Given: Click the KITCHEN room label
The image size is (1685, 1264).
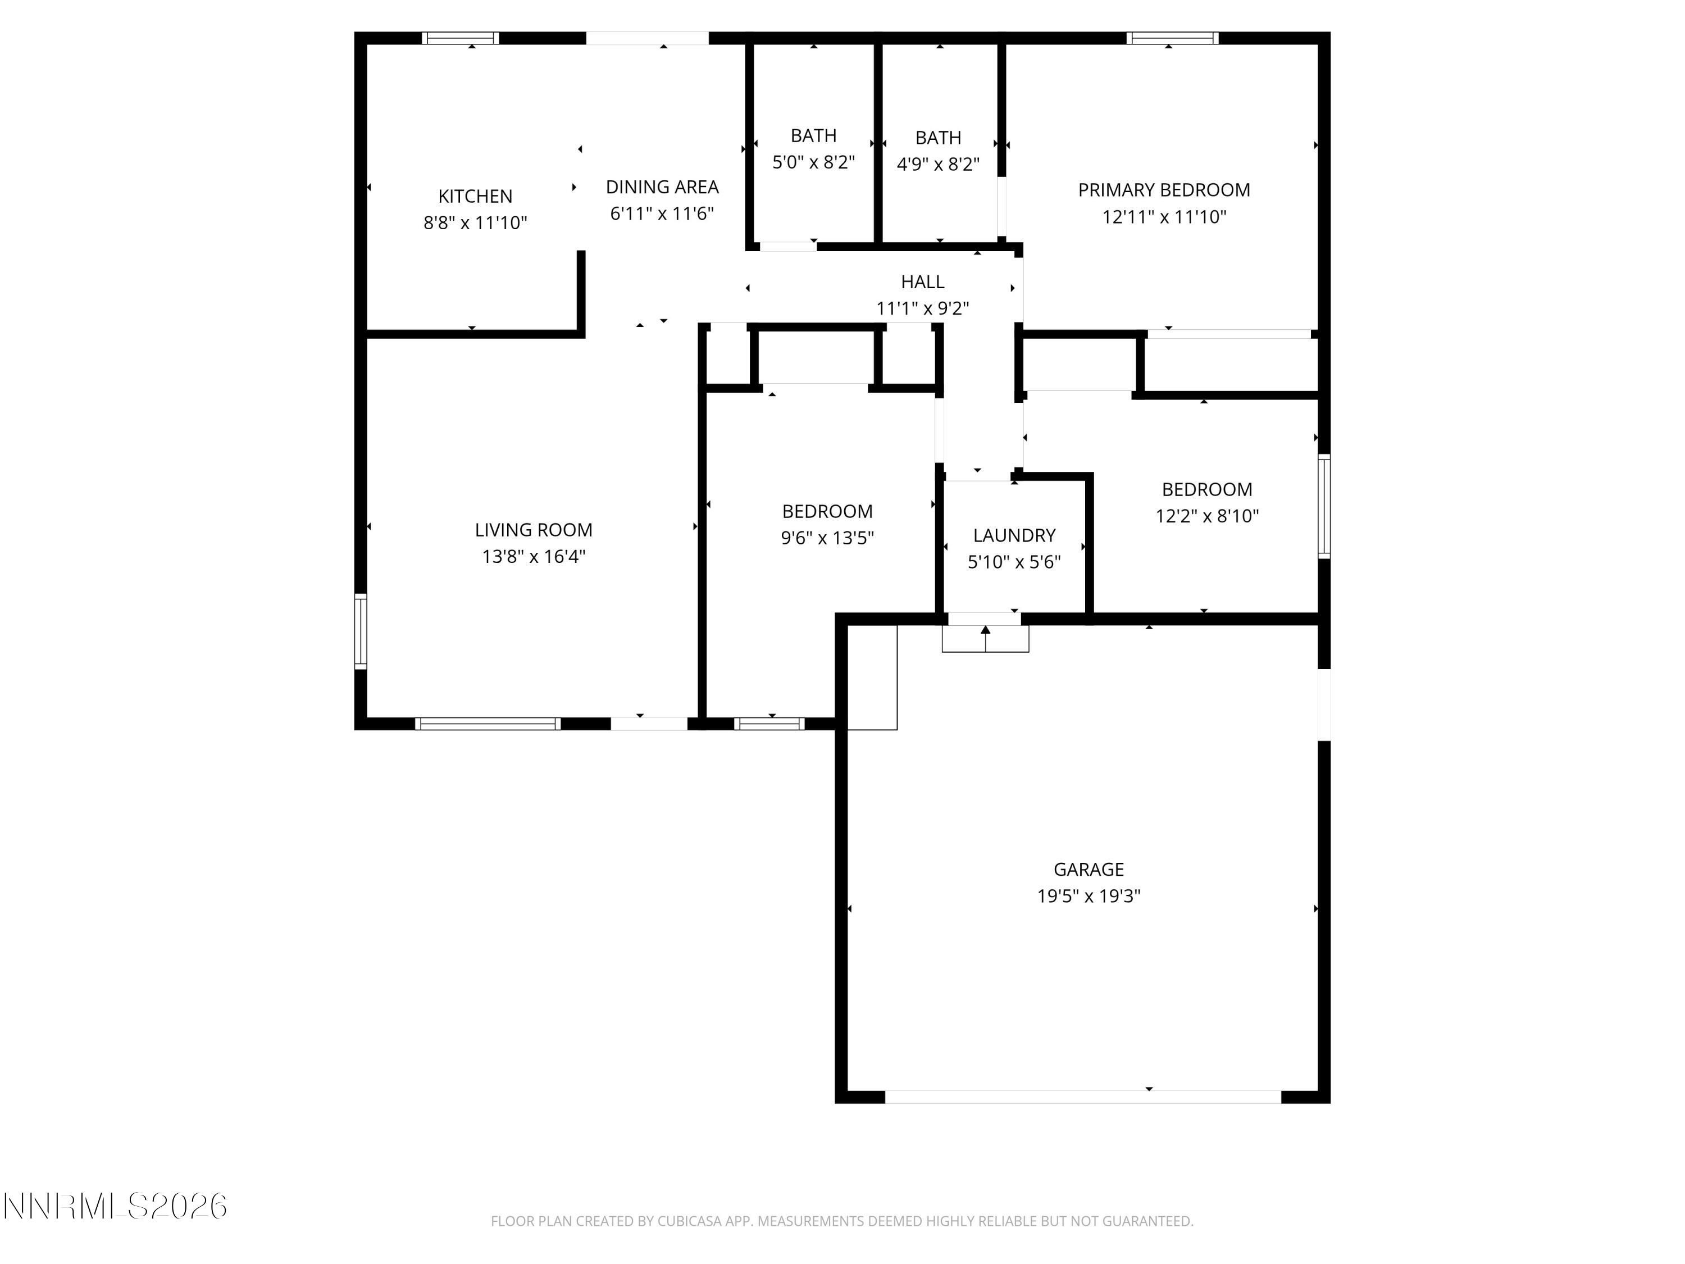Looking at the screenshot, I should [x=475, y=197].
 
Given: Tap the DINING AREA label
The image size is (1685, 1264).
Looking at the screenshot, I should [x=662, y=187].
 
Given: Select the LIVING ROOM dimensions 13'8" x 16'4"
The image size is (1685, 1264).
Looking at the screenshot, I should [x=533, y=557].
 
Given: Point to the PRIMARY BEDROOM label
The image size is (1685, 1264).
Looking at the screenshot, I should [x=1163, y=190].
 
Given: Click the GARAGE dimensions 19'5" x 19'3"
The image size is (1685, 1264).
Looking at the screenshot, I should [x=1088, y=896].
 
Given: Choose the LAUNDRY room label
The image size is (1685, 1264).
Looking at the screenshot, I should [x=1014, y=535].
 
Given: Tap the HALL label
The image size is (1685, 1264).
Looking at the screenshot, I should [x=922, y=282].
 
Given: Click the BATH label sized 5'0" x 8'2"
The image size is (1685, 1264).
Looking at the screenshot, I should [x=813, y=135].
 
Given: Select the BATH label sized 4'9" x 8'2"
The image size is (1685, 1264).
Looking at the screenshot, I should [x=938, y=138].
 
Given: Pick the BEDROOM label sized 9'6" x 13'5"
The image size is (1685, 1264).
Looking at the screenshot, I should [x=827, y=511].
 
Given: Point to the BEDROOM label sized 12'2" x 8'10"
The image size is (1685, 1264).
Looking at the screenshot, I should [x=1206, y=489].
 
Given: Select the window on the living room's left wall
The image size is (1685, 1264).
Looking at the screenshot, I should [x=361, y=631].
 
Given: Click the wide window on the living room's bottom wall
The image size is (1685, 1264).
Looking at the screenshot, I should [x=488, y=724].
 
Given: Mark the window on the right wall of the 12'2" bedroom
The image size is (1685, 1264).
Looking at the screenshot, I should [x=1324, y=507].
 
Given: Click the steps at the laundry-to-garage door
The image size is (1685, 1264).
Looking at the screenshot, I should [x=985, y=639].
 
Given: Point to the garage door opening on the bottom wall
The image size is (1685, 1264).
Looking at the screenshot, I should [x=1082, y=1097].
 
